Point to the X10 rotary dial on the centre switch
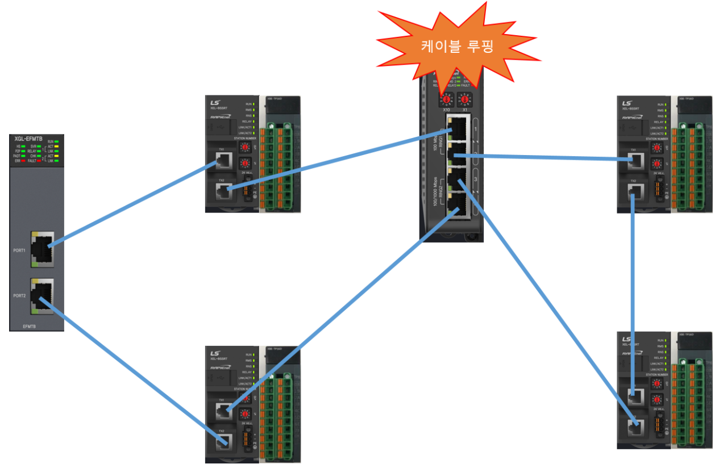(x=447, y=100)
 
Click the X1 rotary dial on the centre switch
(x=464, y=100)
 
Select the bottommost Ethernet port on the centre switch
(x=458, y=206)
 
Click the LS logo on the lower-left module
(x=215, y=353)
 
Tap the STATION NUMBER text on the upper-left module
(x=243, y=138)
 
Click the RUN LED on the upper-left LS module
(x=254, y=105)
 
